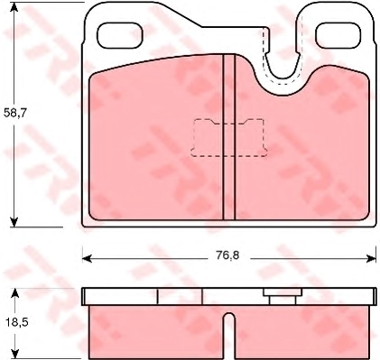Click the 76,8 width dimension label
[227, 255]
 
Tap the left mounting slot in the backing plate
[120, 35]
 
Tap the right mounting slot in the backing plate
[338, 35]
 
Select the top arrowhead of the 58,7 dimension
[14, 7]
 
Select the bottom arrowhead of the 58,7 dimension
[14, 222]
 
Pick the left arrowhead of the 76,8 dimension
[87, 258]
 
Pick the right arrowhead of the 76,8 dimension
[371, 258]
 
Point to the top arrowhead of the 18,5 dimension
[14, 293]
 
